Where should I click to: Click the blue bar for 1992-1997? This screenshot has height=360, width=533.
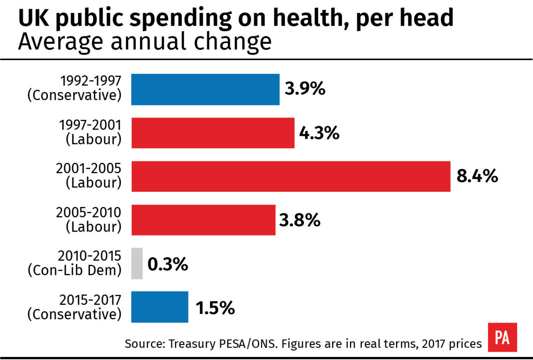click(205, 89)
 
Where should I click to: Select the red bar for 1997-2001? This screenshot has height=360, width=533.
click(213, 133)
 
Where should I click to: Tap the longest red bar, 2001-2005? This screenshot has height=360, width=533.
click(291, 176)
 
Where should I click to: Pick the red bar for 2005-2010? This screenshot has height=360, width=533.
click(203, 220)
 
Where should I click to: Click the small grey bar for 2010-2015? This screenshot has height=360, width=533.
click(137, 264)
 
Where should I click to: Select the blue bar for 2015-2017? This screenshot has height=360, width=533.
click(160, 307)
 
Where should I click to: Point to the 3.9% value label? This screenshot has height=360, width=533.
click(305, 89)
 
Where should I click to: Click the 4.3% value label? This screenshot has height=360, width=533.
click(319, 133)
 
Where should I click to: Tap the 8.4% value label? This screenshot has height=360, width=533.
click(477, 176)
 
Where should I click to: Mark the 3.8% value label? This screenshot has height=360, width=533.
click(300, 220)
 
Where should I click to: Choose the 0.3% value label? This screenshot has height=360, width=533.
click(168, 264)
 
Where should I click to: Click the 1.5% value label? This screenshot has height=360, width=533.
click(215, 308)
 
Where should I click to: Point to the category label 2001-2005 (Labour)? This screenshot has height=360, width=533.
click(89, 176)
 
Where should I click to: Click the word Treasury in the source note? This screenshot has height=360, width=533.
click(189, 344)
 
